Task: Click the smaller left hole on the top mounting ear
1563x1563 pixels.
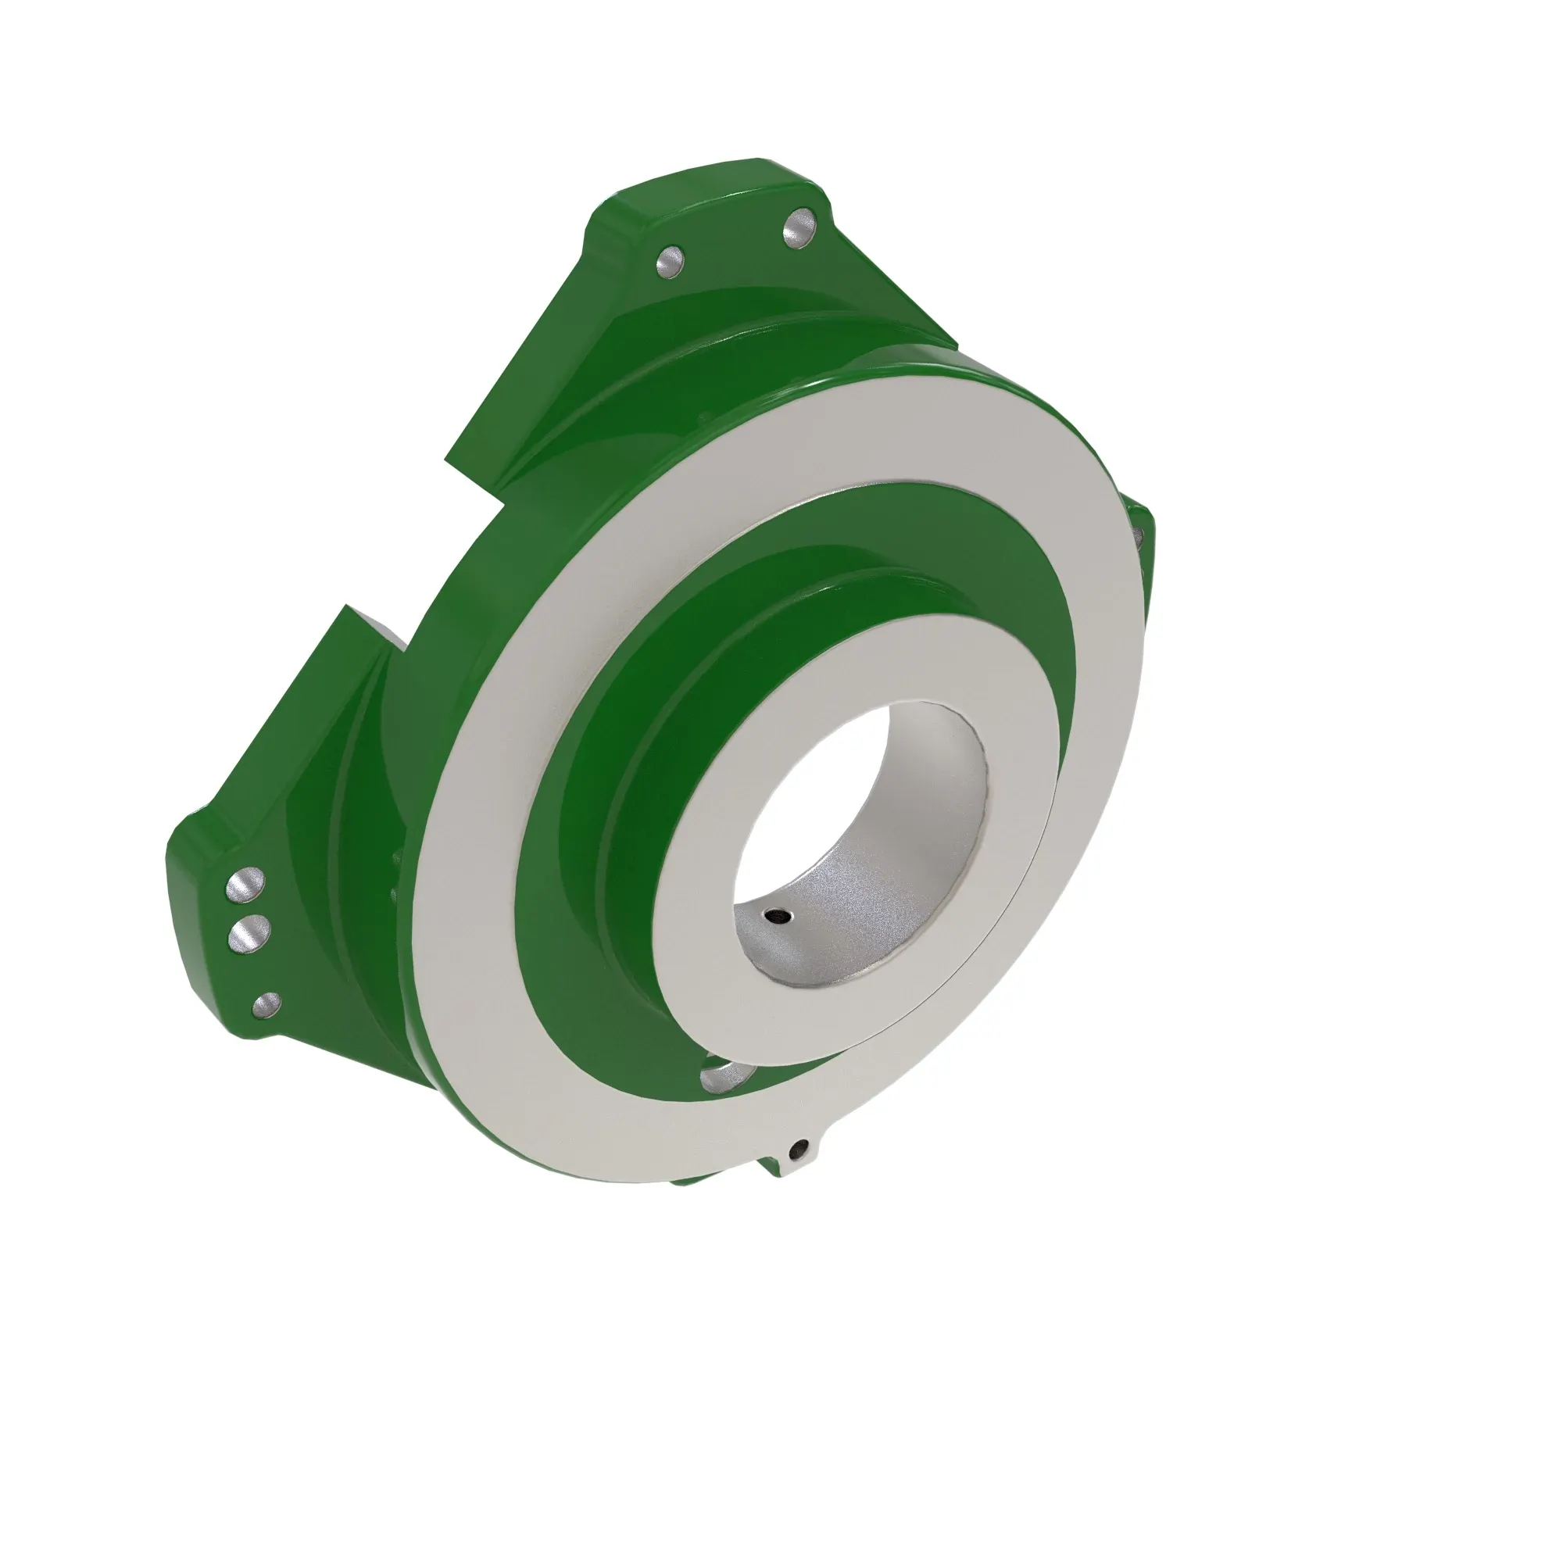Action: [670, 262]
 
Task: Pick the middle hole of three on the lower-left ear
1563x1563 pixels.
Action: [248, 934]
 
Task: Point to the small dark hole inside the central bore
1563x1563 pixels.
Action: [778, 916]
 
